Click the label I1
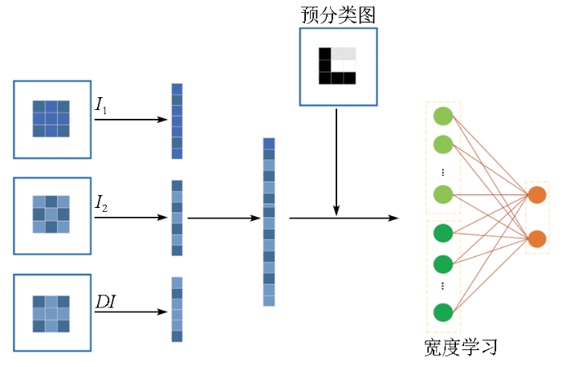tap(101, 105)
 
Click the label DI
tap(106, 302)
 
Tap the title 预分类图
tap(338, 14)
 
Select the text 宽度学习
tap(461, 348)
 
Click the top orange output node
tap(537, 194)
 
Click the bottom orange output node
tap(537, 239)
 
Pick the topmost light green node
tap(443, 116)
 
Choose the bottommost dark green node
tap(443, 312)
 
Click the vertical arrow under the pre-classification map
tap(336, 161)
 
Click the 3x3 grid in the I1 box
tap(51, 119)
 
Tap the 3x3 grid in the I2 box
tap(51, 214)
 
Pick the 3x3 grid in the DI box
tap(51, 313)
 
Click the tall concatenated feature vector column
tap(269, 222)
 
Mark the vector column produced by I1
tap(177, 121)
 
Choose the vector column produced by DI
tap(177, 309)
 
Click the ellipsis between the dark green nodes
tap(443, 286)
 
